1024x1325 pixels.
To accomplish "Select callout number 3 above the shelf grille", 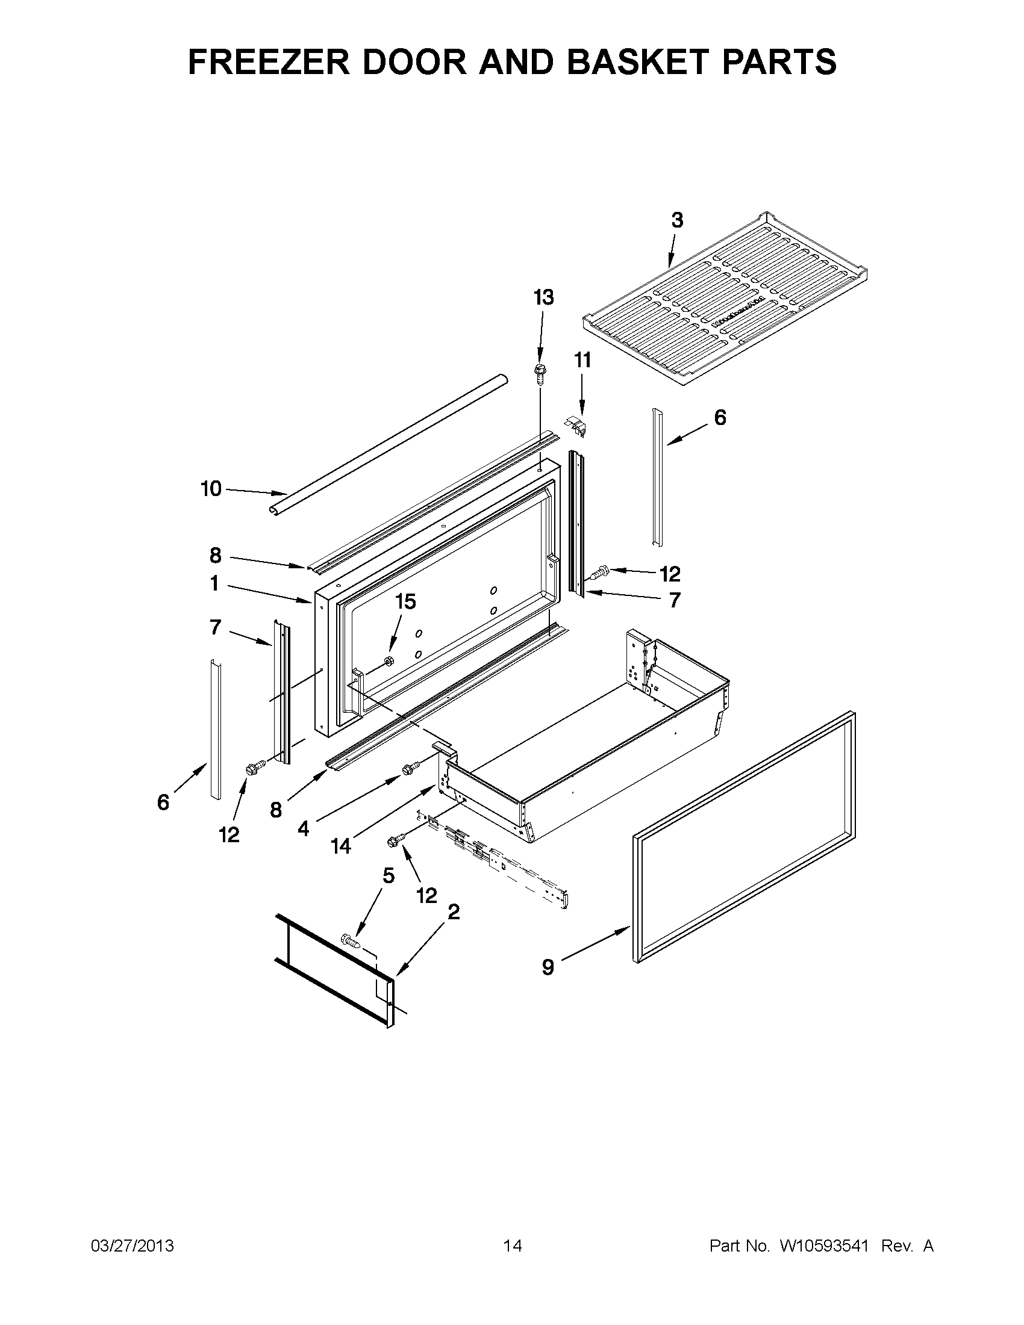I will coord(677,220).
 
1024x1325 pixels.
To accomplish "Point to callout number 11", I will coord(582,361).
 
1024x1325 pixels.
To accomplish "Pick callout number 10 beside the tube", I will coord(211,488).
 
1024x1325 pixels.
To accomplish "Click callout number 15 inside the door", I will coord(405,601).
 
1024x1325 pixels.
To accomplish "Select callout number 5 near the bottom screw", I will coord(389,875).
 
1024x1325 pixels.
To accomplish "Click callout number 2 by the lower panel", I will coord(453,912).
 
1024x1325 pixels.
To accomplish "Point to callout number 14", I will coord(341,846).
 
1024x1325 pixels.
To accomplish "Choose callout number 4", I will coord(303,828).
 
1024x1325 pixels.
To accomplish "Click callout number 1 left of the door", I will coord(214,583).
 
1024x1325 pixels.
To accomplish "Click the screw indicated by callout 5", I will coord(351,941).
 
